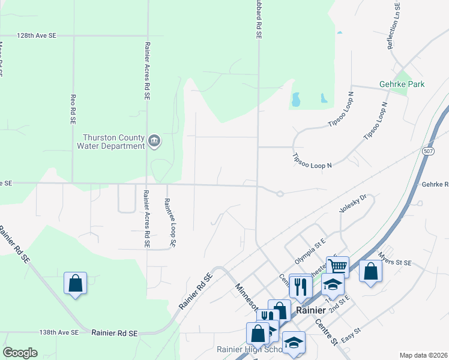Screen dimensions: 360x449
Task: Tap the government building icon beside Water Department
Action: pyautogui.click(x=154, y=141)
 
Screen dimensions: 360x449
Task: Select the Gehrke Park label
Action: pyautogui.click(x=402, y=84)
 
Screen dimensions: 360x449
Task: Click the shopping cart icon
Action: pyautogui.click(x=337, y=266)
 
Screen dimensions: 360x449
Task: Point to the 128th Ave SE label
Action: pyautogui.click(x=37, y=36)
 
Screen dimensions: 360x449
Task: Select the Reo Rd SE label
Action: pyautogui.click(x=73, y=109)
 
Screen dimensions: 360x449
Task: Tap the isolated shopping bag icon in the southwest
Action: pyautogui.click(x=75, y=283)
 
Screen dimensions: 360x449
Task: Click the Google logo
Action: pyautogui.click(x=20, y=353)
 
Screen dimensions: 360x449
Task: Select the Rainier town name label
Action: pyautogui.click(x=311, y=310)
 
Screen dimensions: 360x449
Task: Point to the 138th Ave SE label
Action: pyautogui.click(x=59, y=332)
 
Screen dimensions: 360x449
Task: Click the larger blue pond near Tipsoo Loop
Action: pyautogui.click(x=295, y=99)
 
